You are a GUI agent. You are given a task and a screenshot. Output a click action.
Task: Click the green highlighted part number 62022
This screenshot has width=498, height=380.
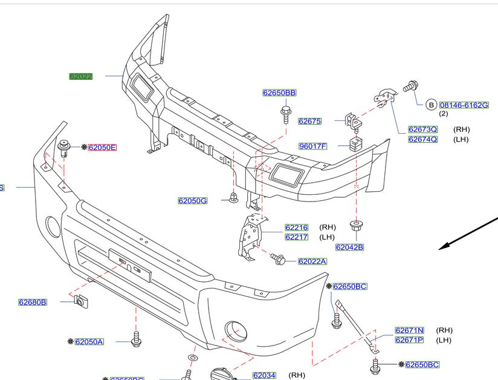[80, 77]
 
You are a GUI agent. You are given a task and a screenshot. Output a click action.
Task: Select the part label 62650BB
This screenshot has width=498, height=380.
[279, 93]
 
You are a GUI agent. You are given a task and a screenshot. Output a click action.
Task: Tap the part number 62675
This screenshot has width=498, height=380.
[309, 121]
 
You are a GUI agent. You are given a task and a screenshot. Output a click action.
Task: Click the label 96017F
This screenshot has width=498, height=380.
[312, 146]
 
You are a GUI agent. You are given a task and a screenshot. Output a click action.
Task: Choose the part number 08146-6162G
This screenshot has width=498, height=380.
[464, 105]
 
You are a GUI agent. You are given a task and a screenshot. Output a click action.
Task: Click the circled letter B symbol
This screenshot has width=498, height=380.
[432, 105]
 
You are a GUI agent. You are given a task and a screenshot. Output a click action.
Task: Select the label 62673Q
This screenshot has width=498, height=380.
[422, 129]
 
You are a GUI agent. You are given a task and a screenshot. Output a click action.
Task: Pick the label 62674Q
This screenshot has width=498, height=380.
[422, 139]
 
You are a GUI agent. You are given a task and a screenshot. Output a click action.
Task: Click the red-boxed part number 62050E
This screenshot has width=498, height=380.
[102, 148]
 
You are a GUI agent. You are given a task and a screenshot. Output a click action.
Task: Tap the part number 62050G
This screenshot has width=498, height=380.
[192, 200]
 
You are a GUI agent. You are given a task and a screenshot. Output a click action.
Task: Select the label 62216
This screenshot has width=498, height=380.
[296, 228]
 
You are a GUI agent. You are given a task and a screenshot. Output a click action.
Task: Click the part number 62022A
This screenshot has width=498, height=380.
[312, 261]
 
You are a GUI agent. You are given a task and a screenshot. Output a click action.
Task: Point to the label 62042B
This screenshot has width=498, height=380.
[349, 247]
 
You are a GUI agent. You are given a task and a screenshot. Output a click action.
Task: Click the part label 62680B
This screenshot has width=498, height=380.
[33, 301]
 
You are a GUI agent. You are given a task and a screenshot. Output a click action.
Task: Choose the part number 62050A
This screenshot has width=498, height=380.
[89, 342]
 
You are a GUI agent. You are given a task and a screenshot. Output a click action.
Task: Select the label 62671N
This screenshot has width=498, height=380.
[409, 330]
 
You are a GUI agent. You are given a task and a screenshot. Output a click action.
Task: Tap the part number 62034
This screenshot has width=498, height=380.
[264, 375]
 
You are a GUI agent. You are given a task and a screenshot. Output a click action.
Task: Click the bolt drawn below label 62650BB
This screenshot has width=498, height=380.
[286, 113]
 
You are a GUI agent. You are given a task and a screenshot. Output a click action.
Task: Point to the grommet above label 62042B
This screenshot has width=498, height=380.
[356, 226]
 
